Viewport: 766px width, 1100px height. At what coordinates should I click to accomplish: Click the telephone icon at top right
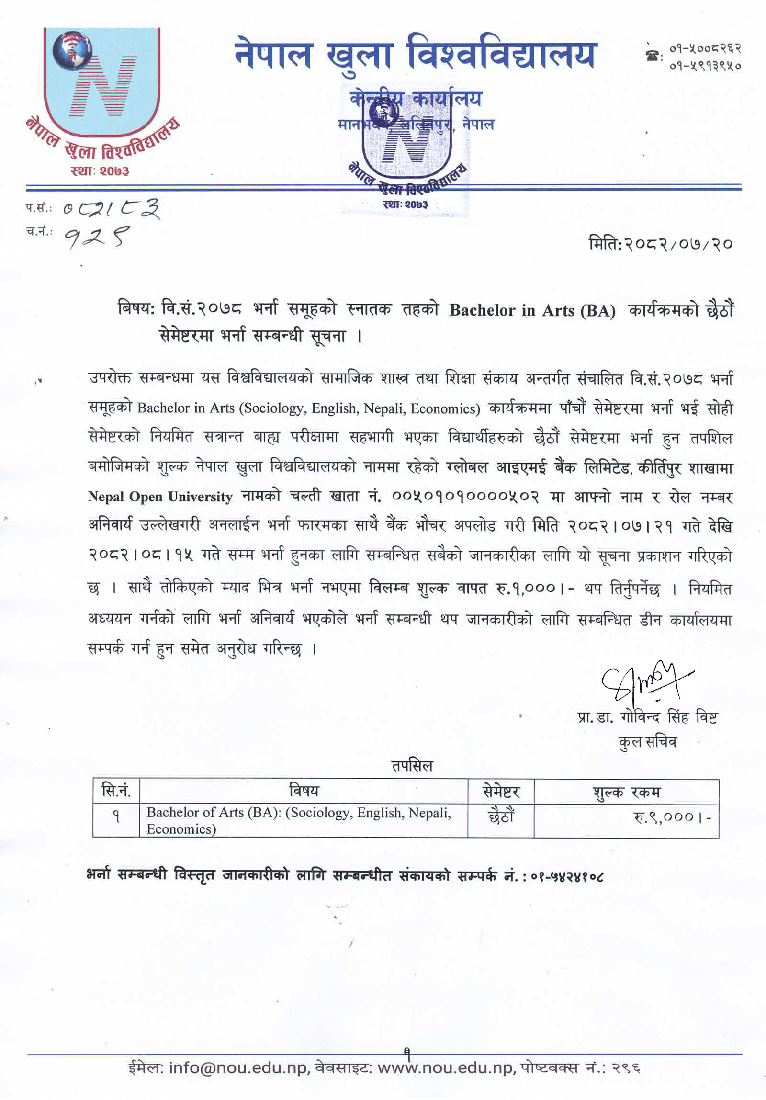click(651, 56)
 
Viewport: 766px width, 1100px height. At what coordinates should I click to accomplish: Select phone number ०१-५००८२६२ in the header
click(705, 48)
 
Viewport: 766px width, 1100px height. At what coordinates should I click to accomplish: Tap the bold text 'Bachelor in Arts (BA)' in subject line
click(532, 311)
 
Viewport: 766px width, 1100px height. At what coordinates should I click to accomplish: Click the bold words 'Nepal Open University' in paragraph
click(160, 497)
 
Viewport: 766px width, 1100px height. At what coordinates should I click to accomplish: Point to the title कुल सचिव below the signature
click(647, 742)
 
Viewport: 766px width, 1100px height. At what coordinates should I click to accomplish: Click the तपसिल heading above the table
click(412, 766)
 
